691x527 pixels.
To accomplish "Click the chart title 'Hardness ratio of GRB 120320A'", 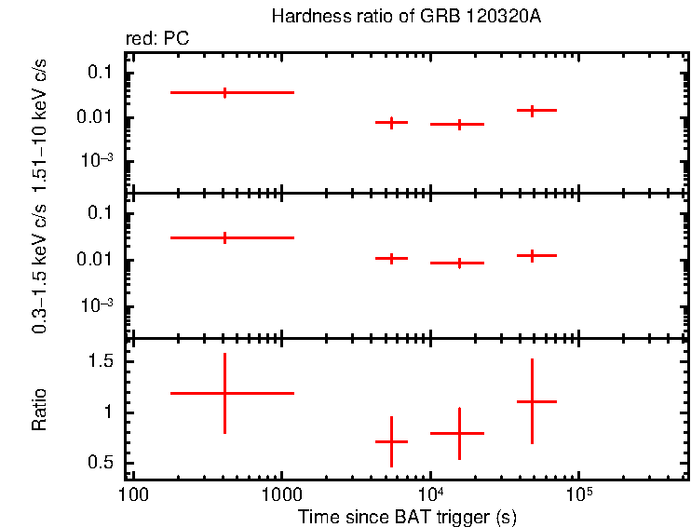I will pyautogui.click(x=405, y=17).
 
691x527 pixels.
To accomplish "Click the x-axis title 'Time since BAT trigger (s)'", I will pyautogui.click(x=407, y=516).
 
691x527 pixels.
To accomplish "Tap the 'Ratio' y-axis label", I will pyautogui.click(x=40, y=411).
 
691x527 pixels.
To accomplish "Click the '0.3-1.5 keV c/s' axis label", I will pyautogui.click(x=40, y=270).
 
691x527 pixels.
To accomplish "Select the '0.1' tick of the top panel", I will pyautogui.click(x=101, y=74).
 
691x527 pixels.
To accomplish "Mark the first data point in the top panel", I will pyautogui.click(x=224, y=92).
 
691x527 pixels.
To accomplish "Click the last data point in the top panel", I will pyautogui.click(x=532, y=110).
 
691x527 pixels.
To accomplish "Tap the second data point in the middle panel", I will pyautogui.click(x=391, y=258).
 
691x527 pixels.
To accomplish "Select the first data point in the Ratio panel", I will pyautogui.click(x=224, y=393).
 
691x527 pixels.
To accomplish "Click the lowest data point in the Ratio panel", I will pyautogui.click(x=391, y=441).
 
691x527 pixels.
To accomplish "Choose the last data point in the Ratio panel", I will pyautogui.click(x=532, y=401).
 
